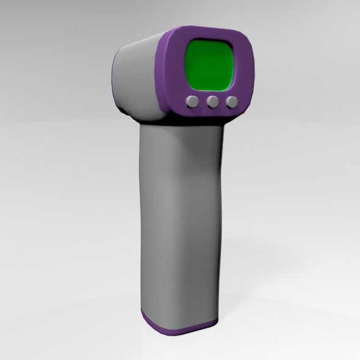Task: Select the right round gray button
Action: coord(232,102)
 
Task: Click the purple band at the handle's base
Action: coord(177,328)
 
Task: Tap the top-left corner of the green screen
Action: coord(188,43)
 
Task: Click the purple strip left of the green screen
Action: coord(175,67)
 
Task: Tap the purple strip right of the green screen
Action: coord(243,67)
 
